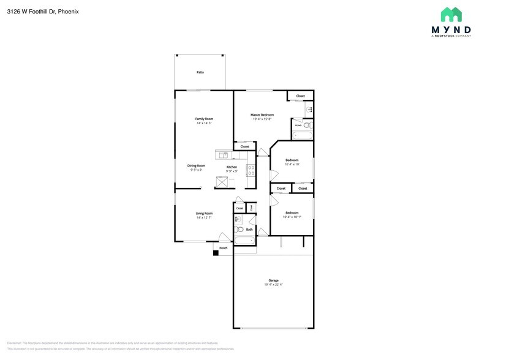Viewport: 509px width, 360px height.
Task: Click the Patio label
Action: pos(200,72)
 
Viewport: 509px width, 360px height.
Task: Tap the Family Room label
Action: pos(204,118)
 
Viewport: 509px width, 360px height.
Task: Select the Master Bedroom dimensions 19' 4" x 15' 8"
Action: pos(262,119)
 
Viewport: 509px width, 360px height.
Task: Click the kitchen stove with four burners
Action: pos(251,170)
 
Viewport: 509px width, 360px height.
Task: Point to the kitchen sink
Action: pos(224,155)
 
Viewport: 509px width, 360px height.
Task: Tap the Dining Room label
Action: pos(196,165)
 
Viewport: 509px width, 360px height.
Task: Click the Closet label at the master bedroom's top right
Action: pos(300,96)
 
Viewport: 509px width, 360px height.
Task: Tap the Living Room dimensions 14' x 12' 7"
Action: pos(204,217)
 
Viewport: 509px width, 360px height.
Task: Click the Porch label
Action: pos(224,248)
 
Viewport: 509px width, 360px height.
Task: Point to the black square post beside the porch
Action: pos(216,253)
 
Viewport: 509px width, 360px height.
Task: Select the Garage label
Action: pos(273,280)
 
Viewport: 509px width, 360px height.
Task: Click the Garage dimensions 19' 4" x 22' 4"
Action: pos(273,284)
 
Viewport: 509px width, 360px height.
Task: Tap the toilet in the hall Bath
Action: pos(239,230)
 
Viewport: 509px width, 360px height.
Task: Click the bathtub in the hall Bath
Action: pos(244,241)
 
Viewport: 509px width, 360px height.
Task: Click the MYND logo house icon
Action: pos(451,15)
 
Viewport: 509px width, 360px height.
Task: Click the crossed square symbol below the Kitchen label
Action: pos(221,182)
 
